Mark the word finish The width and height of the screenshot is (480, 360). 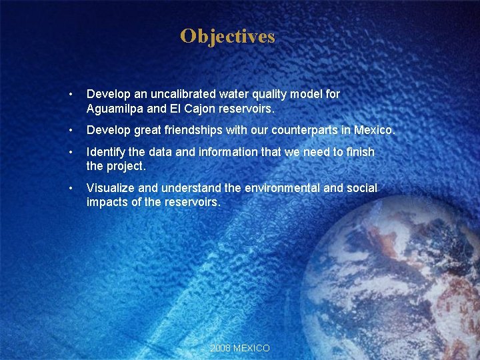click(x=360, y=153)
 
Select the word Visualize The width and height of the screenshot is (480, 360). click(x=111, y=189)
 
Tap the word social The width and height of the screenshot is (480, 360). click(x=361, y=189)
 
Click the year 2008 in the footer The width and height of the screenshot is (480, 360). click(x=221, y=348)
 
